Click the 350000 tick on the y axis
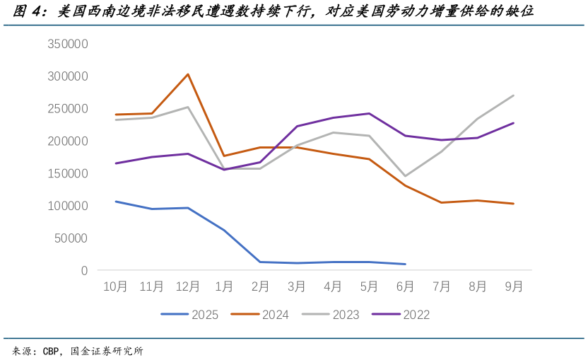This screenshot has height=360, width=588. click(68, 44)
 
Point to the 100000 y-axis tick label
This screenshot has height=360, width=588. click(68, 206)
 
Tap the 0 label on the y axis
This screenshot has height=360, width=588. click(84, 270)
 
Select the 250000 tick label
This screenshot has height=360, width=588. click(68, 108)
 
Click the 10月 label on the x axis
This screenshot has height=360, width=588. click(115, 286)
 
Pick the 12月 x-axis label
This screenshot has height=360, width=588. click(187, 286)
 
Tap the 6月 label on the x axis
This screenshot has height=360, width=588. click(405, 286)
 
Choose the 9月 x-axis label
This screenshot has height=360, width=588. click(514, 286)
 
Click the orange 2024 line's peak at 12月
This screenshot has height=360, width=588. click(187, 74)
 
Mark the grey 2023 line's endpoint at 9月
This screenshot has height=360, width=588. click(514, 95)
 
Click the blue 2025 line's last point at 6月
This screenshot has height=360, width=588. click(405, 264)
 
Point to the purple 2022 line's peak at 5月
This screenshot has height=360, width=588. click(369, 113)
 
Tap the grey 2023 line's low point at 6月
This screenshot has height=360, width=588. click(405, 176)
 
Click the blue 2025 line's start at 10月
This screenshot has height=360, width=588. click(115, 202)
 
